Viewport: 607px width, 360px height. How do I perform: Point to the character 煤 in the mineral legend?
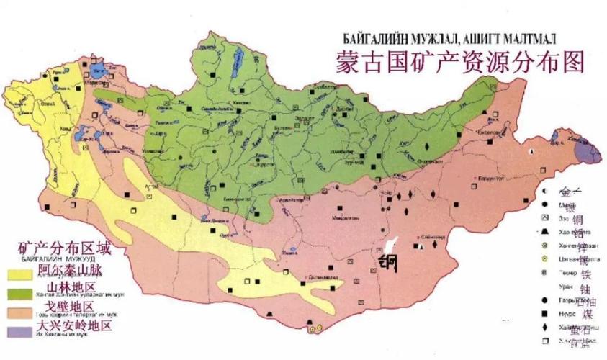[x=588, y=314]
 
